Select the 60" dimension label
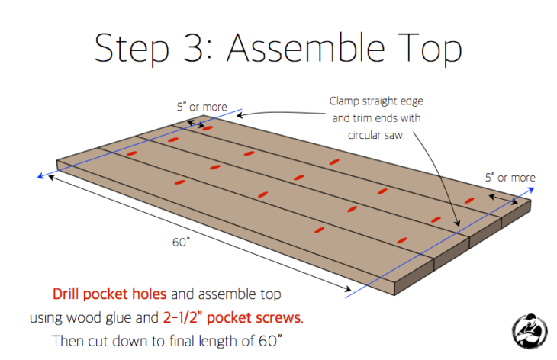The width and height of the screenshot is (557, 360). [x=182, y=243]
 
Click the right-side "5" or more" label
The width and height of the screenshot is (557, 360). [x=510, y=177]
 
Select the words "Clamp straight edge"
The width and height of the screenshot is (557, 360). [x=375, y=101]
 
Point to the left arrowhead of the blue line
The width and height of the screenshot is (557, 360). [x=39, y=177]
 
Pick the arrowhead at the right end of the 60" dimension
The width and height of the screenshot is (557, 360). [x=349, y=289]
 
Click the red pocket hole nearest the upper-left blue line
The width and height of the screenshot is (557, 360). [x=207, y=128]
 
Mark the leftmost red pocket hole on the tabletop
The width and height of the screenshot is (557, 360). [x=131, y=155]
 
